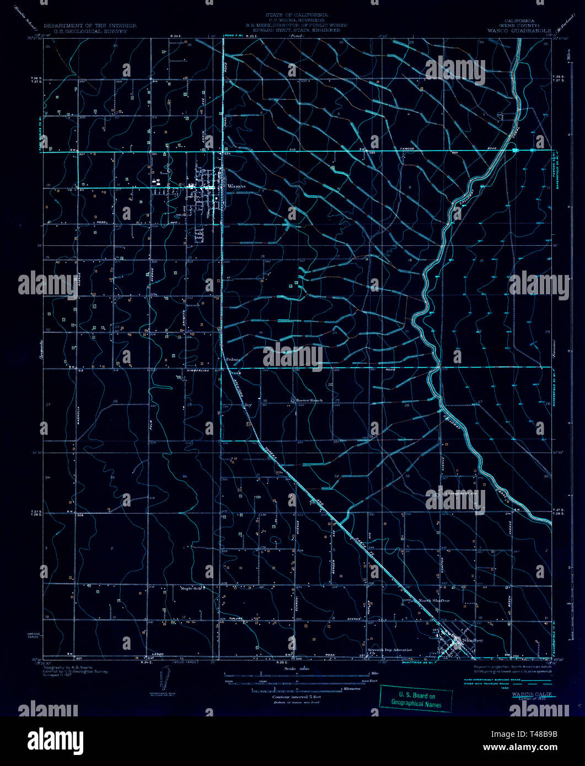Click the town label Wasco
coord(237,187)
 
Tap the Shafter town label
coord(473,640)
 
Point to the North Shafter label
coord(434,600)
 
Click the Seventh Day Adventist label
coord(392,650)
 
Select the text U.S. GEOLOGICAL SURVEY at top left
coord(85,31)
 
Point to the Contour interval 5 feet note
coord(296,697)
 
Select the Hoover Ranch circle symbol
coord(293,400)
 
